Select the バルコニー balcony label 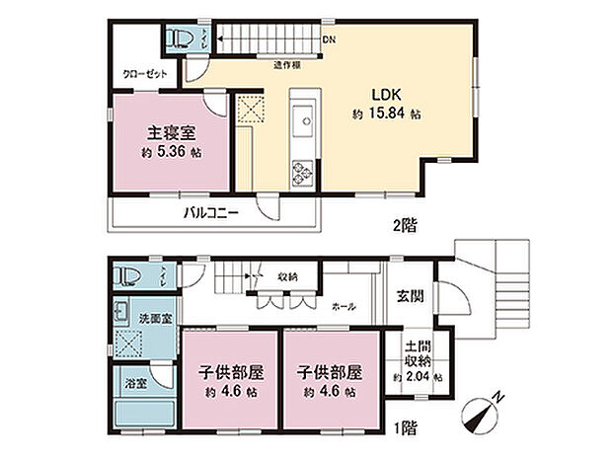click(209, 212)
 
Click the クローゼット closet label click(144, 74)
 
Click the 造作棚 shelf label click(287, 64)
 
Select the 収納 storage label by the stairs click(288, 277)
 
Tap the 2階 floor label click(404, 225)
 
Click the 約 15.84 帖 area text click(387, 115)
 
